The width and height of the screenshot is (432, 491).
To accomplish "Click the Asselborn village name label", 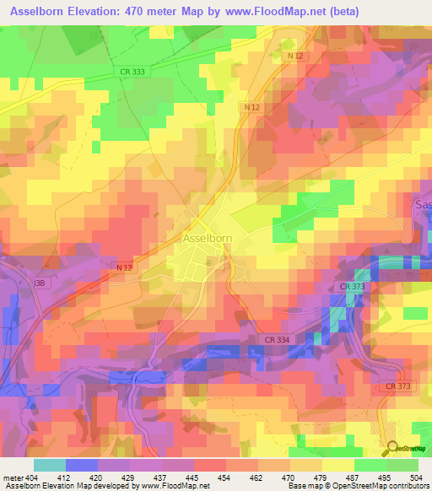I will (x=208, y=239).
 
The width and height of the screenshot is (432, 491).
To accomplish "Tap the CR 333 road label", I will (x=136, y=73).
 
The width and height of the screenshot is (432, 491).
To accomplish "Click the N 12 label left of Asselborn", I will (x=124, y=267).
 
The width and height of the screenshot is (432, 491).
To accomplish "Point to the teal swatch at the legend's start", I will (x=49, y=465).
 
